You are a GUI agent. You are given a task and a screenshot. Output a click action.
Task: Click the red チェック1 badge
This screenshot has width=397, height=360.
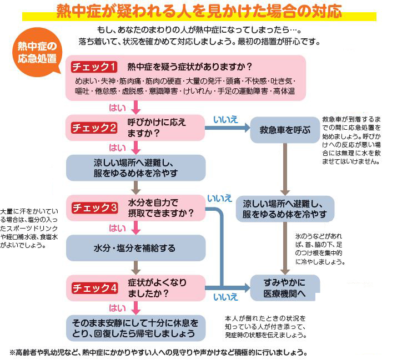click(x=94, y=67)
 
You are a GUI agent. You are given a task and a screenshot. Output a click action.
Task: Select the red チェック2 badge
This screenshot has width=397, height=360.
click(x=94, y=128)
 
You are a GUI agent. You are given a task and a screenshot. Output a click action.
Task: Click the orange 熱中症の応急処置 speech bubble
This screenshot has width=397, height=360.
click(x=37, y=52)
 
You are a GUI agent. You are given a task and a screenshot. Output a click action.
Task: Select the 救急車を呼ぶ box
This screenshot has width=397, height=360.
click(x=285, y=130)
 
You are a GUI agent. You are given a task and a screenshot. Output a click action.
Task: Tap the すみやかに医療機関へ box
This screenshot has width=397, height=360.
click(x=285, y=288)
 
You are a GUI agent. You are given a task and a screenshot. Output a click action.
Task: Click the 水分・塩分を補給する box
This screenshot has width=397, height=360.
click(x=135, y=248)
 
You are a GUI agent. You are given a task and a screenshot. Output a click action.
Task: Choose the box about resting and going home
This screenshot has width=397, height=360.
click(x=135, y=328)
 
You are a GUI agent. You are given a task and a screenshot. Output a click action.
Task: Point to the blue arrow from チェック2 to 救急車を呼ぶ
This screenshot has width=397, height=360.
click(x=227, y=128)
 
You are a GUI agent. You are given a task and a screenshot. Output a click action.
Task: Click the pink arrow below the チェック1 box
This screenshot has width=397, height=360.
click(x=136, y=108)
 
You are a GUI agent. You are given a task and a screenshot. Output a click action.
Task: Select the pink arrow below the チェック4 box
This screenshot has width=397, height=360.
click(x=136, y=308)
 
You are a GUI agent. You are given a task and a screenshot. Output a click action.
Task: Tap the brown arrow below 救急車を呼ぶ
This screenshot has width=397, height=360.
click(x=285, y=169)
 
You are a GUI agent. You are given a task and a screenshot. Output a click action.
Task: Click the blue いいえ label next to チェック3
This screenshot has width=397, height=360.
click(x=219, y=199)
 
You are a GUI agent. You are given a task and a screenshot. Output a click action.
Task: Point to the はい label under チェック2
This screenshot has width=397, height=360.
click(x=117, y=148)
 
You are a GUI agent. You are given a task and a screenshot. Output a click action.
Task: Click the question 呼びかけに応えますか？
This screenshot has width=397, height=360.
click(x=157, y=128)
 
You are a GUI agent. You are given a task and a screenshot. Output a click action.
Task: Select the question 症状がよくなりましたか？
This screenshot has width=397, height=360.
click(x=157, y=288)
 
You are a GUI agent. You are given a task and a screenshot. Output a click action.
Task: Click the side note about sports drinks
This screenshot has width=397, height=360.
click(x=29, y=229)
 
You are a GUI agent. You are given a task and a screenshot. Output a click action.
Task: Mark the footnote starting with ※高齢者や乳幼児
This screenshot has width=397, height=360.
click(x=158, y=352)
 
